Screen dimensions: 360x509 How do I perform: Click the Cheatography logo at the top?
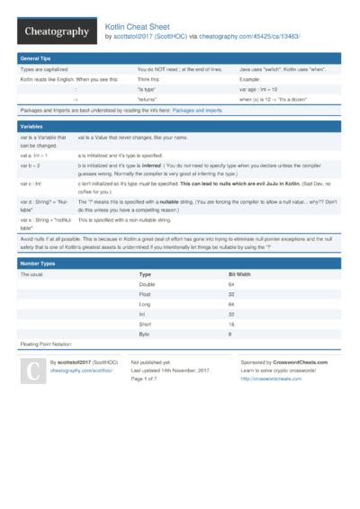point(56,31)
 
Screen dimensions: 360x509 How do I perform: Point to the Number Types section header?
point(40,263)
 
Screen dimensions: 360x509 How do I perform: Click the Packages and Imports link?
point(212,111)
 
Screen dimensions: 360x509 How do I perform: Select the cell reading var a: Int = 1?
point(35,155)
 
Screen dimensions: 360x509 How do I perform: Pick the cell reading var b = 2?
point(31,165)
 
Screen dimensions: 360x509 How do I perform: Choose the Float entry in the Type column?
point(144,294)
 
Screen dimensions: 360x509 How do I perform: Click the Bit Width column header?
point(239,273)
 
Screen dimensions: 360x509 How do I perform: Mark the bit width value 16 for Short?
point(231,324)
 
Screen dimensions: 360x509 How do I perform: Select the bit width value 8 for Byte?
point(230,334)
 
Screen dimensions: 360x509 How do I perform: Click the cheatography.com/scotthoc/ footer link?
point(82,370)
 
